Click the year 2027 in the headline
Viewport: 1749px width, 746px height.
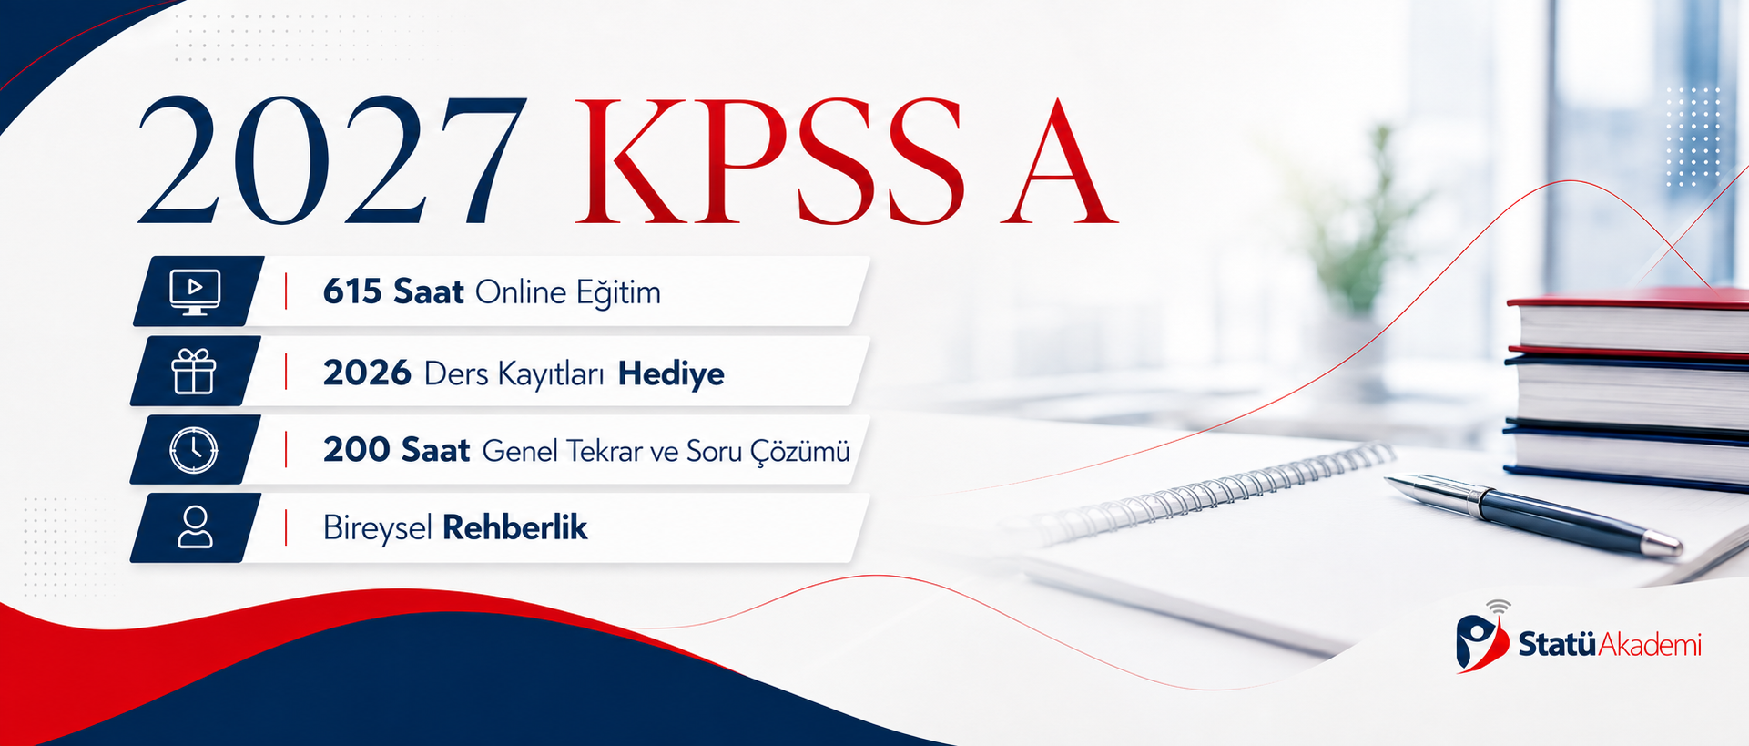[332, 161]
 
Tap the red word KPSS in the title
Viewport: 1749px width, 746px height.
[769, 161]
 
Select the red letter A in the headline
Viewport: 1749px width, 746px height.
[1058, 161]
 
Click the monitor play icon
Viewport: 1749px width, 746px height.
[195, 292]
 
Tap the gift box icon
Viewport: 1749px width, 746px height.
[194, 372]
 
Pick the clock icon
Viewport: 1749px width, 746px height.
[194, 450]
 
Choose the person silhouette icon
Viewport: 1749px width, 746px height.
[195, 527]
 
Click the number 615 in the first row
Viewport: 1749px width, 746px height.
[352, 291]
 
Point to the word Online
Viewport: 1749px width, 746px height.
[521, 292]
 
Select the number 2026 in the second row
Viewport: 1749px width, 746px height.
[367, 373]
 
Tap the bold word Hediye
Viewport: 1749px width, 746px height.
[671, 373]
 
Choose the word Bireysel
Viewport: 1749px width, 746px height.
[377, 528]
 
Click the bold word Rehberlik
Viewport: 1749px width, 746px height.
[514, 527]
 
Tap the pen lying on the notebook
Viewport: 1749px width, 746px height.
[1533, 514]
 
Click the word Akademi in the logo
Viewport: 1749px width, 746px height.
[1650, 645]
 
